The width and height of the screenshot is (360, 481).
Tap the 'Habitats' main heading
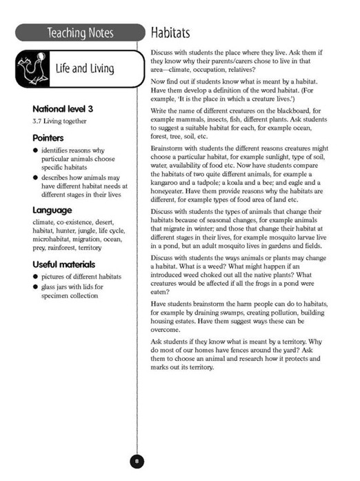(x=170, y=32)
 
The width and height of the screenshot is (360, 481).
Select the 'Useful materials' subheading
(x=64, y=264)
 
